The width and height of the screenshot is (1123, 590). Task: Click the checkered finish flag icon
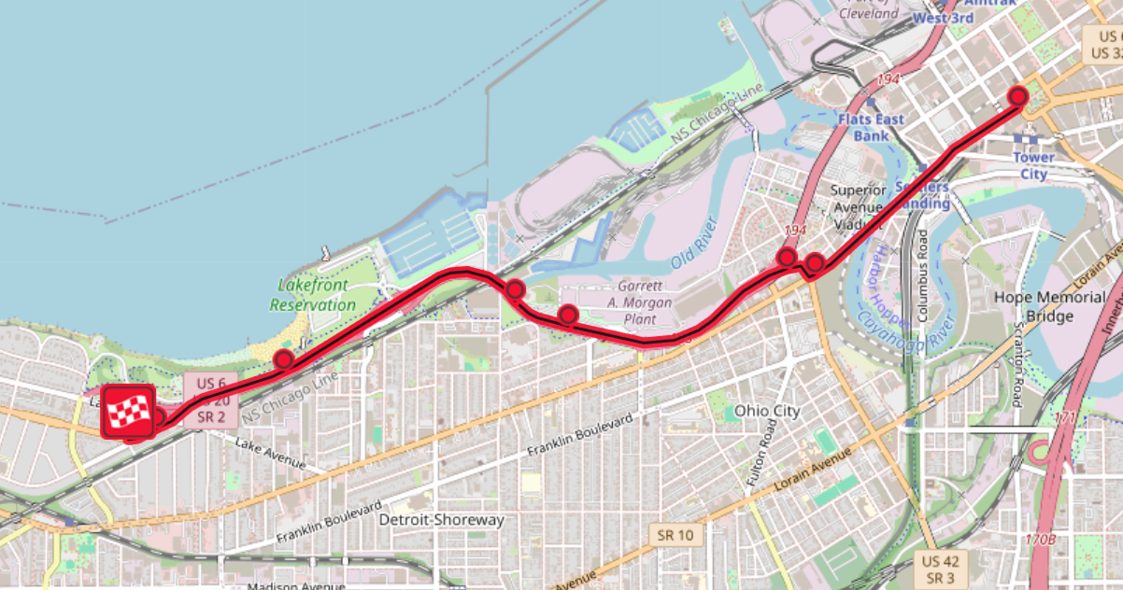point(128,411)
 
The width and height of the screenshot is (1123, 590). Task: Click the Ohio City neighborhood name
point(769,410)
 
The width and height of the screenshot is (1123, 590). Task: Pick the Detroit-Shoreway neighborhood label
point(443,520)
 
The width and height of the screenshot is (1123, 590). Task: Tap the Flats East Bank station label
point(871,127)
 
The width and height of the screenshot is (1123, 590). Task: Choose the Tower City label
point(1033,164)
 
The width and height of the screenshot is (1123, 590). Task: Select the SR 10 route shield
point(675,535)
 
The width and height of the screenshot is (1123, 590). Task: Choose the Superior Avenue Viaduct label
point(858,206)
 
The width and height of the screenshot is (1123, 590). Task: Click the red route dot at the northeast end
point(1018,96)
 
